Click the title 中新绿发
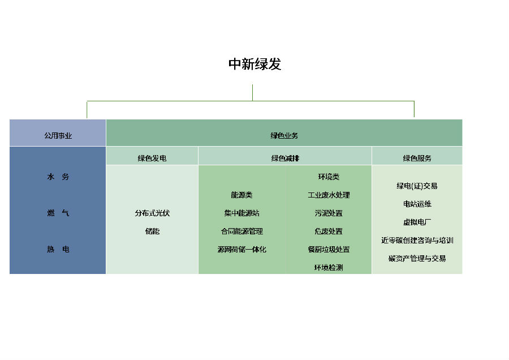[x=255, y=65]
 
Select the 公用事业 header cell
[x=58, y=136]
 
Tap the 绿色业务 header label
[x=284, y=136]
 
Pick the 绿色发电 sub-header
[x=152, y=158]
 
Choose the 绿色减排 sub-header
[x=285, y=158]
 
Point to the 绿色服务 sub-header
[x=417, y=158]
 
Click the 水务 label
[x=58, y=177]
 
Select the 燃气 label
[x=58, y=213]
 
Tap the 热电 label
[x=58, y=250]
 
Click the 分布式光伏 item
[x=152, y=213]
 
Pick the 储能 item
[x=152, y=232]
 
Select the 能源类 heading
[x=241, y=195]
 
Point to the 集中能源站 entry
[x=241, y=213]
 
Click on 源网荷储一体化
[x=241, y=250]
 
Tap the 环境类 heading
[x=329, y=177]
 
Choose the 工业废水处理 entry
[x=329, y=195]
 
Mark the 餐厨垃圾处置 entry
[x=329, y=250]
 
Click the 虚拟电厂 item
[x=417, y=222]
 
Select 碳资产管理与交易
[x=417, y=259]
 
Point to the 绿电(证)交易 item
[x=417, y=186]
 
